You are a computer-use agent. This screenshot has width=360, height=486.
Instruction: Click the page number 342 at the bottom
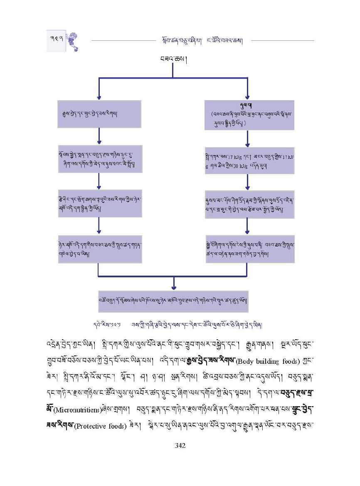[x=180, y=446]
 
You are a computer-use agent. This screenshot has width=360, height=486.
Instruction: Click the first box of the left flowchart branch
[x=99, y=113]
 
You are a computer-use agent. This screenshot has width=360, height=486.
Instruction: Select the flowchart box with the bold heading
[x=249, y=115]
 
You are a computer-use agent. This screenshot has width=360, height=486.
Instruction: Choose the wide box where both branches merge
[x=173, y=301]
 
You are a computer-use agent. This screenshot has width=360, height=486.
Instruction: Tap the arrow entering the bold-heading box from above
[x=248, y=94]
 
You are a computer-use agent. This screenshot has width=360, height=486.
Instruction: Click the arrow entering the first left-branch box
[x=99, y=94]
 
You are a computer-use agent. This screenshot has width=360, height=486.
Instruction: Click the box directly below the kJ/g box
[x=249, y=204]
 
